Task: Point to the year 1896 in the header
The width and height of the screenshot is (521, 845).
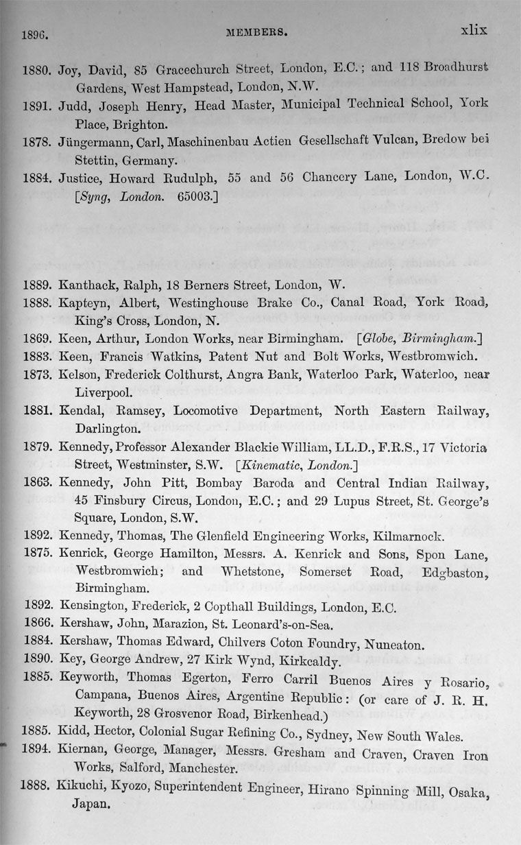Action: [x=36, y=32]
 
